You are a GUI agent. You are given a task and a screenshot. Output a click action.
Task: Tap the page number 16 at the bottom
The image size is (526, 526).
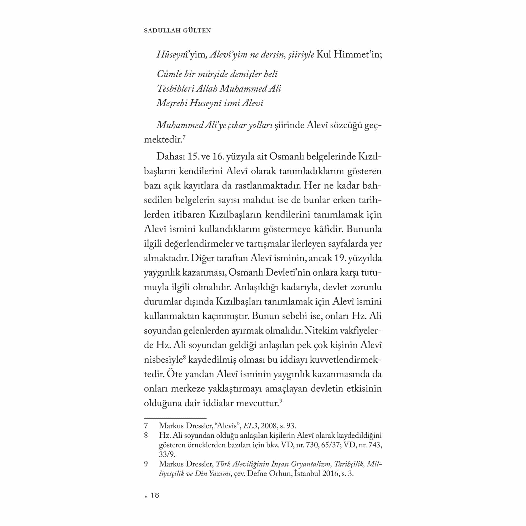tap(155, 495)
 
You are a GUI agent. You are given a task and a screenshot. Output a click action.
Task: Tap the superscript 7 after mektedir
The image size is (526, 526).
tap(184, 137)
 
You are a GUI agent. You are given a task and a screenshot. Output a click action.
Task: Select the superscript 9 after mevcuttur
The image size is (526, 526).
tap(281, 400)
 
